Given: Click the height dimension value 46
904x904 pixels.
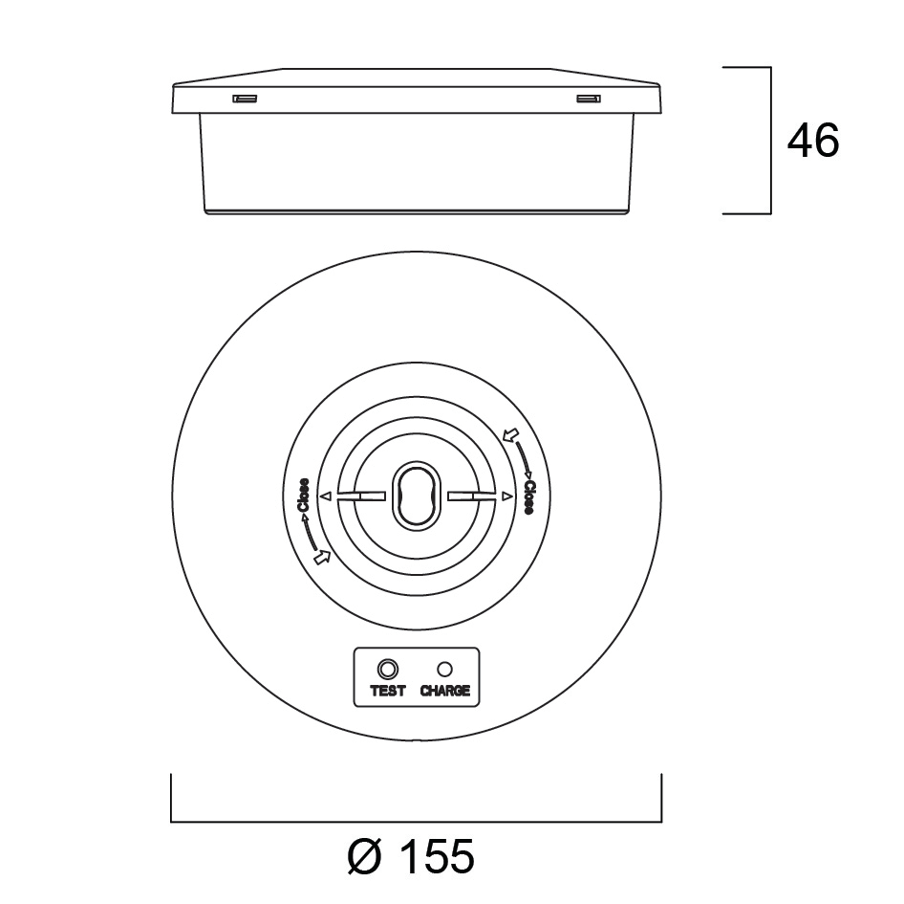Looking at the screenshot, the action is [813, 141].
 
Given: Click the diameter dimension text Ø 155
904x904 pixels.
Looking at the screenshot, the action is [411, 856].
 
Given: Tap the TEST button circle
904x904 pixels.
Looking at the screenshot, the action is [387, 669].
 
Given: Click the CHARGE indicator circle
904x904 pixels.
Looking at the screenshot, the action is [444, 669].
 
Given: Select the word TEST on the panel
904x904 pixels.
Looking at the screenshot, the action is [387, 691].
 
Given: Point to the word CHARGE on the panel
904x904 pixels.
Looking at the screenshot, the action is [445, 691].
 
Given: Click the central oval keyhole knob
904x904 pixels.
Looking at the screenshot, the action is [417, 495].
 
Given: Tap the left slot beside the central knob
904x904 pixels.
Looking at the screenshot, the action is [361, 496].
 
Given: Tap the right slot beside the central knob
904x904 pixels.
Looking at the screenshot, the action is [471, 496].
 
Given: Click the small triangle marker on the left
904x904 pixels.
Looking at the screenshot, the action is [326, 496].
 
